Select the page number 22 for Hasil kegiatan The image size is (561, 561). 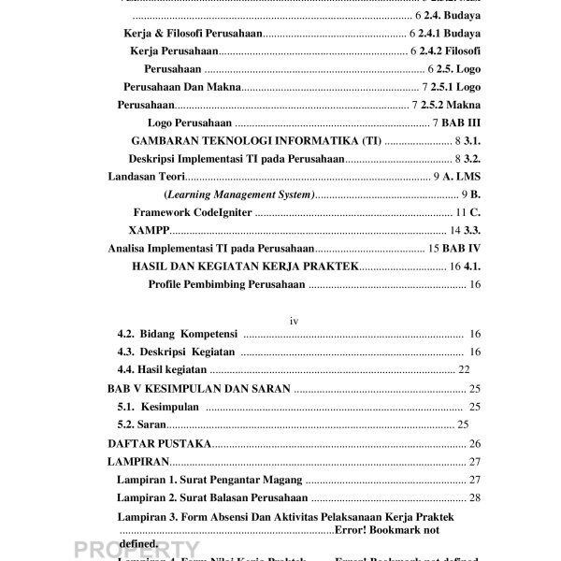tap(464, 371)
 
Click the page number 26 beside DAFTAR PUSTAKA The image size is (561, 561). tap(474, 443)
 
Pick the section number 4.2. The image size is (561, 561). tap(128, 335)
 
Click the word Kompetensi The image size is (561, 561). tap(208, 335)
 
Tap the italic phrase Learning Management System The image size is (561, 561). tap(239, 194)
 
